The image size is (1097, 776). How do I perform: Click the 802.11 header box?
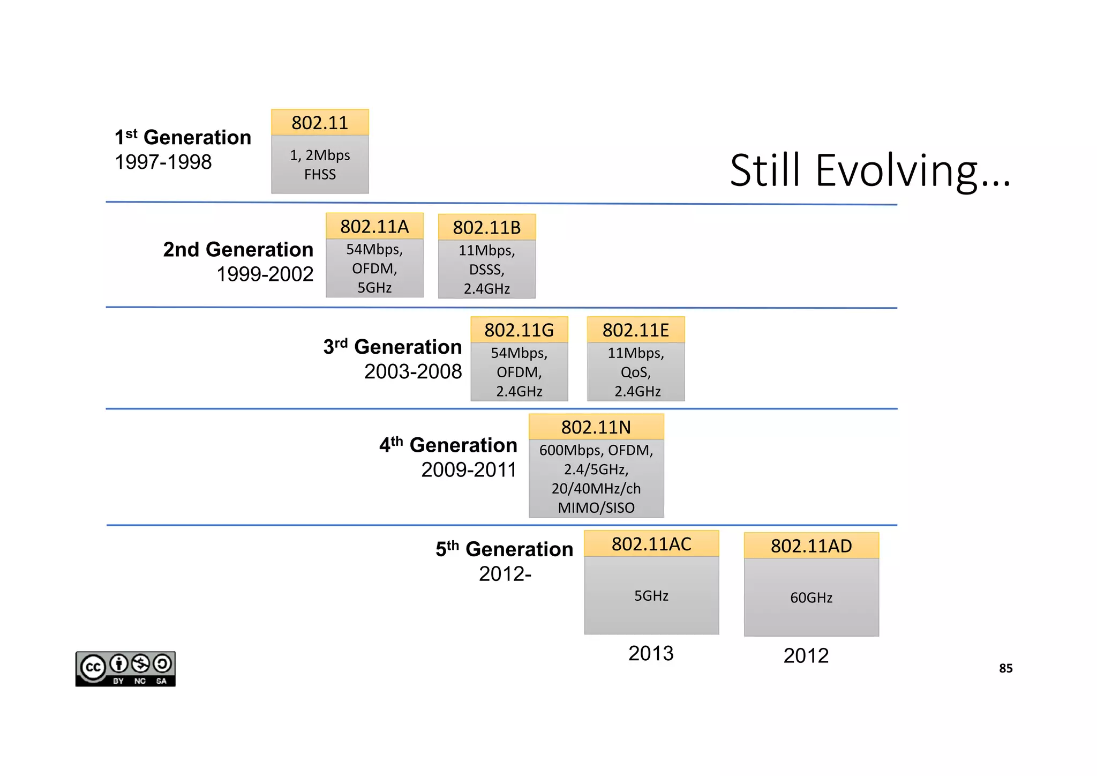pos(320,123)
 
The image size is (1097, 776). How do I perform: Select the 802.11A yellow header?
pos(374,226)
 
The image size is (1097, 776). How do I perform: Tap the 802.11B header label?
pos(486,227)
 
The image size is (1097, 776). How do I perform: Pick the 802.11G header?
pos(519,330)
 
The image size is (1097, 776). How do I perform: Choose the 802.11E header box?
pos(636,330)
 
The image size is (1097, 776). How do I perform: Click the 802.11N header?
pos(596,427)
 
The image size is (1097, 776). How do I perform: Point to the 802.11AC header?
pos(651,544)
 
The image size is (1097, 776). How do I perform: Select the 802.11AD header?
pos(811,546)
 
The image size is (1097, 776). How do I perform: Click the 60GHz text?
pos(811,598)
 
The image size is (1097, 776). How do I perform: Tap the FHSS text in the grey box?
pos(320,175)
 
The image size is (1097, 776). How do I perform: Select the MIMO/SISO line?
pos(596,508)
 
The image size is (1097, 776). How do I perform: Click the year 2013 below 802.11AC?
pos(651,654)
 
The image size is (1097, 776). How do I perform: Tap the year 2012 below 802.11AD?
pos(806,656)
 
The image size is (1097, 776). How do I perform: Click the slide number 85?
pos(1005,668)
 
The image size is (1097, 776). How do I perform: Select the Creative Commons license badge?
pos(125,669)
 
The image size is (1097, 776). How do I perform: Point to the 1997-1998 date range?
pos(163,162)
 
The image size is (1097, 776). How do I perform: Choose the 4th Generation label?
pos(448,445)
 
